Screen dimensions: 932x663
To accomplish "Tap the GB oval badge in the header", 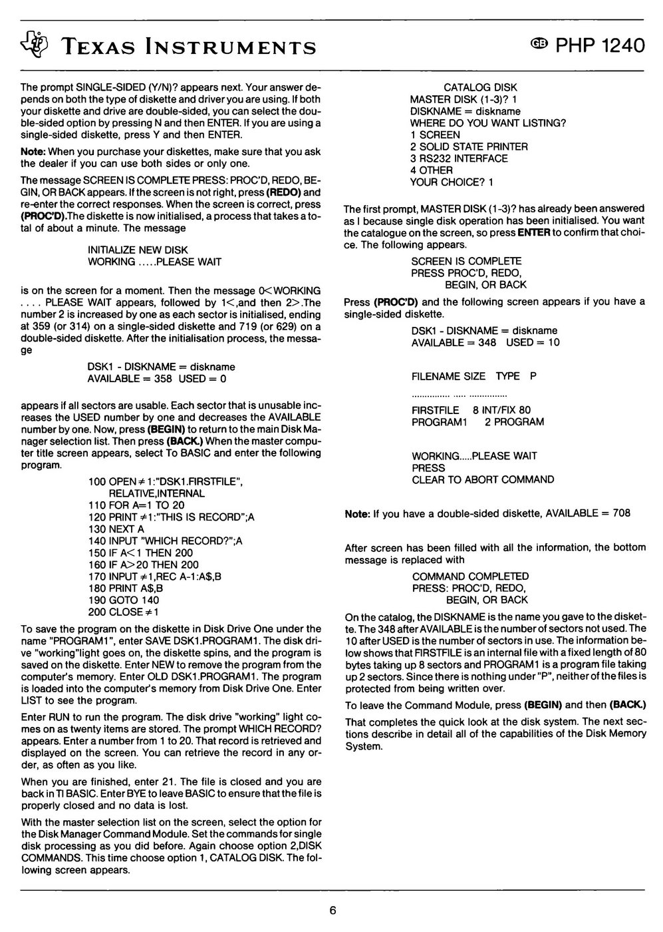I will coord(539,45).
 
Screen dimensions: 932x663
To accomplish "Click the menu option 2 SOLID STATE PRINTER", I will coord(469,146).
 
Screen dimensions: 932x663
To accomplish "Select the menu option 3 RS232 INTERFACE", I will coord(459,158).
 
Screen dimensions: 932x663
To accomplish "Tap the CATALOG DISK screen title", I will coord(479,87).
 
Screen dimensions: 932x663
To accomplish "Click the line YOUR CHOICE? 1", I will coord(452,182).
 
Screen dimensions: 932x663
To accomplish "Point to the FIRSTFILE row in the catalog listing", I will coord(471,410).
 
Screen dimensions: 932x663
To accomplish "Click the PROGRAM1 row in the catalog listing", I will coord(477,421).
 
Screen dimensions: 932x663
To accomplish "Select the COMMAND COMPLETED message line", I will coord(470,576).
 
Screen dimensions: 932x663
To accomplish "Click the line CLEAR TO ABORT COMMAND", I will coord(483,479).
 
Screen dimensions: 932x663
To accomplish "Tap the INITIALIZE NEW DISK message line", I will coord(138,250).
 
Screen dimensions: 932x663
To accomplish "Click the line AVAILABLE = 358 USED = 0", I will coord(157,379).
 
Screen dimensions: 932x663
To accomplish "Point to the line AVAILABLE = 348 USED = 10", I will coord(485,342).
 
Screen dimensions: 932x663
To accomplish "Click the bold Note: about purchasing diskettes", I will coord(33,151).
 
